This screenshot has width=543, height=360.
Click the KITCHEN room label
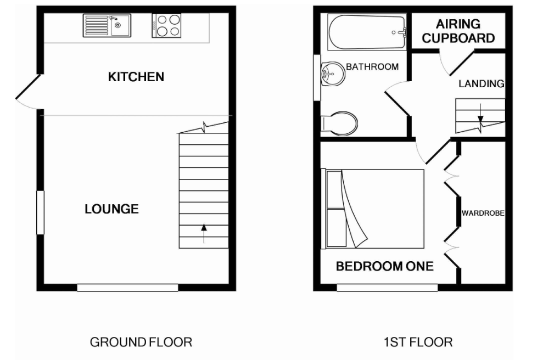[x=136, y=76]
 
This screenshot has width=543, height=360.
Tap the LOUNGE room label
[x=111, y=209]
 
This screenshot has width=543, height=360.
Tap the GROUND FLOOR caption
[x=141, y=342]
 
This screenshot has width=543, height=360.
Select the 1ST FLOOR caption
[x=418, y=342]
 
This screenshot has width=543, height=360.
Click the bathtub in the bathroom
[x=366, y=32]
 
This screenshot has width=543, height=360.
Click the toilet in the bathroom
[x=340, y=122]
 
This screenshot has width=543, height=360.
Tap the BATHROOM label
[x=372, y=67]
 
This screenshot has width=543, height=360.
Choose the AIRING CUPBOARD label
[x=458, y=31]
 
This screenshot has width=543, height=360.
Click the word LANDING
[x=481, y=84]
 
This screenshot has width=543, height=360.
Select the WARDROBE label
[x=483, y=213]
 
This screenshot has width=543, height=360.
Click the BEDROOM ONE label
[x=384, y=267]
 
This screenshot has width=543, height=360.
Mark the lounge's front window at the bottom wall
[x=127, y=287]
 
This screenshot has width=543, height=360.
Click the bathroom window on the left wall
[x=317, y=77]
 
